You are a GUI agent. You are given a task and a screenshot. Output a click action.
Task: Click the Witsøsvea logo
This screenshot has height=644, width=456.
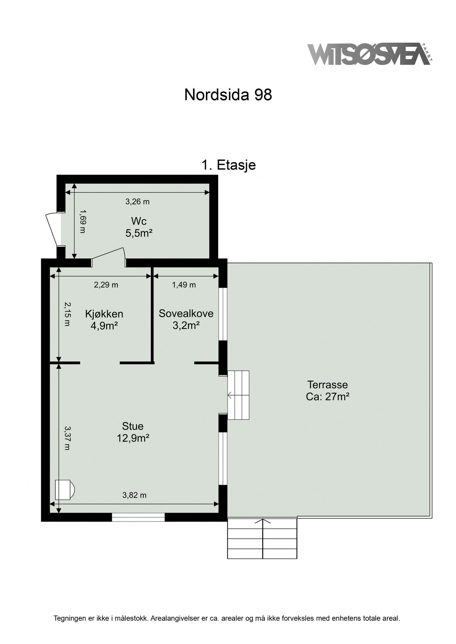(x=370, y=54)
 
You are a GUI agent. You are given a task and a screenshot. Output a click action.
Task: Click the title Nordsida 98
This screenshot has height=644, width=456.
(x=228, y=95)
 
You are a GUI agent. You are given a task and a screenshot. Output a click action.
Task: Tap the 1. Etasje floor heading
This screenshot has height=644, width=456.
(x=228, y=165)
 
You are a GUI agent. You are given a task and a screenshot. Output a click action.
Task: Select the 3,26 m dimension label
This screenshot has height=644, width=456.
(x=137, y=202)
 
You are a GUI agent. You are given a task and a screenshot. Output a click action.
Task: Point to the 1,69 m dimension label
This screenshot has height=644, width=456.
(x=82, y=221)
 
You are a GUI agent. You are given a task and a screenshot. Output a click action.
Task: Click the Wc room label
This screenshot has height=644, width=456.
(x=139, y=221)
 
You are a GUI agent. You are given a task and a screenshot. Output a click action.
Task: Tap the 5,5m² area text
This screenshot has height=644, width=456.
(x=139, y=233)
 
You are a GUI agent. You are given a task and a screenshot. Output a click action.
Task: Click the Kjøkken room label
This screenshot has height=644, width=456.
(x=104, y=314)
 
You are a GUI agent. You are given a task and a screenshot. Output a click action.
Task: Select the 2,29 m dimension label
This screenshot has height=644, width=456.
(x=106, y=285)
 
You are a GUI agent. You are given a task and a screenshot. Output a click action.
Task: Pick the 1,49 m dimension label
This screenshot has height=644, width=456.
(x=184, y=285)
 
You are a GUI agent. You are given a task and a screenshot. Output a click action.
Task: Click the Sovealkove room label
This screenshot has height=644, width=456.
(x=186, y=313)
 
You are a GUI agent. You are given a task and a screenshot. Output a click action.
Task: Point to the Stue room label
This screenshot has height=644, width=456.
(x=133, y=426)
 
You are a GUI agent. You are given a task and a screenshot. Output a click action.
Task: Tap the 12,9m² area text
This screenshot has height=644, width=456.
(x=133, y=438)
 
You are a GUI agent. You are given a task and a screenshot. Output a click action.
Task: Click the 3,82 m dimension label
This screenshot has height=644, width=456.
(x=134, y=495)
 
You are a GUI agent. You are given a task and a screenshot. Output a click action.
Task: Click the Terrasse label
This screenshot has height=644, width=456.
(x=327, y=385)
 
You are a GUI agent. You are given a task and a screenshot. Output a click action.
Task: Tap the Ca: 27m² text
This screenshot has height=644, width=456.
(x=327, y=397)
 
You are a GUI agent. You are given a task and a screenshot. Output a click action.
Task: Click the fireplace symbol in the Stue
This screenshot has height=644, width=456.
(x=64, y=489)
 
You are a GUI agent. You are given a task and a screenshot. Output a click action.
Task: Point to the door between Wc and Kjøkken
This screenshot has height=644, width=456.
(x=109, y=257)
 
